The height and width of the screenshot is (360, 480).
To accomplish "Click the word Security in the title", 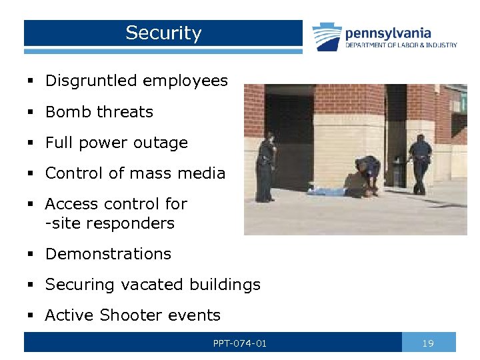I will (x=163, y=33).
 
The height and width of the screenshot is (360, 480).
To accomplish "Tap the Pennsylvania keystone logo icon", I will (x=327, y=37).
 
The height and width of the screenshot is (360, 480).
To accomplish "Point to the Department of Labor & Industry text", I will (x=401, y=45).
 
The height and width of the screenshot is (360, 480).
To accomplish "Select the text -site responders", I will (x=109, y=223).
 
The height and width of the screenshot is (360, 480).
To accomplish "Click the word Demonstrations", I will (x=108, y=254).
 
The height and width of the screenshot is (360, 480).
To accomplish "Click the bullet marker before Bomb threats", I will (x=30, y=112).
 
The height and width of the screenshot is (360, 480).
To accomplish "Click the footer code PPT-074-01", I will (x=240, y=343).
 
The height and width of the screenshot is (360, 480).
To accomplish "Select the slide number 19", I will (x=429, y=343).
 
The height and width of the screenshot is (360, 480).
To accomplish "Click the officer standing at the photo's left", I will (x=267, y=167).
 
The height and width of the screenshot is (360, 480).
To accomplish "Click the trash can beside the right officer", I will (x=399, y=175).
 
